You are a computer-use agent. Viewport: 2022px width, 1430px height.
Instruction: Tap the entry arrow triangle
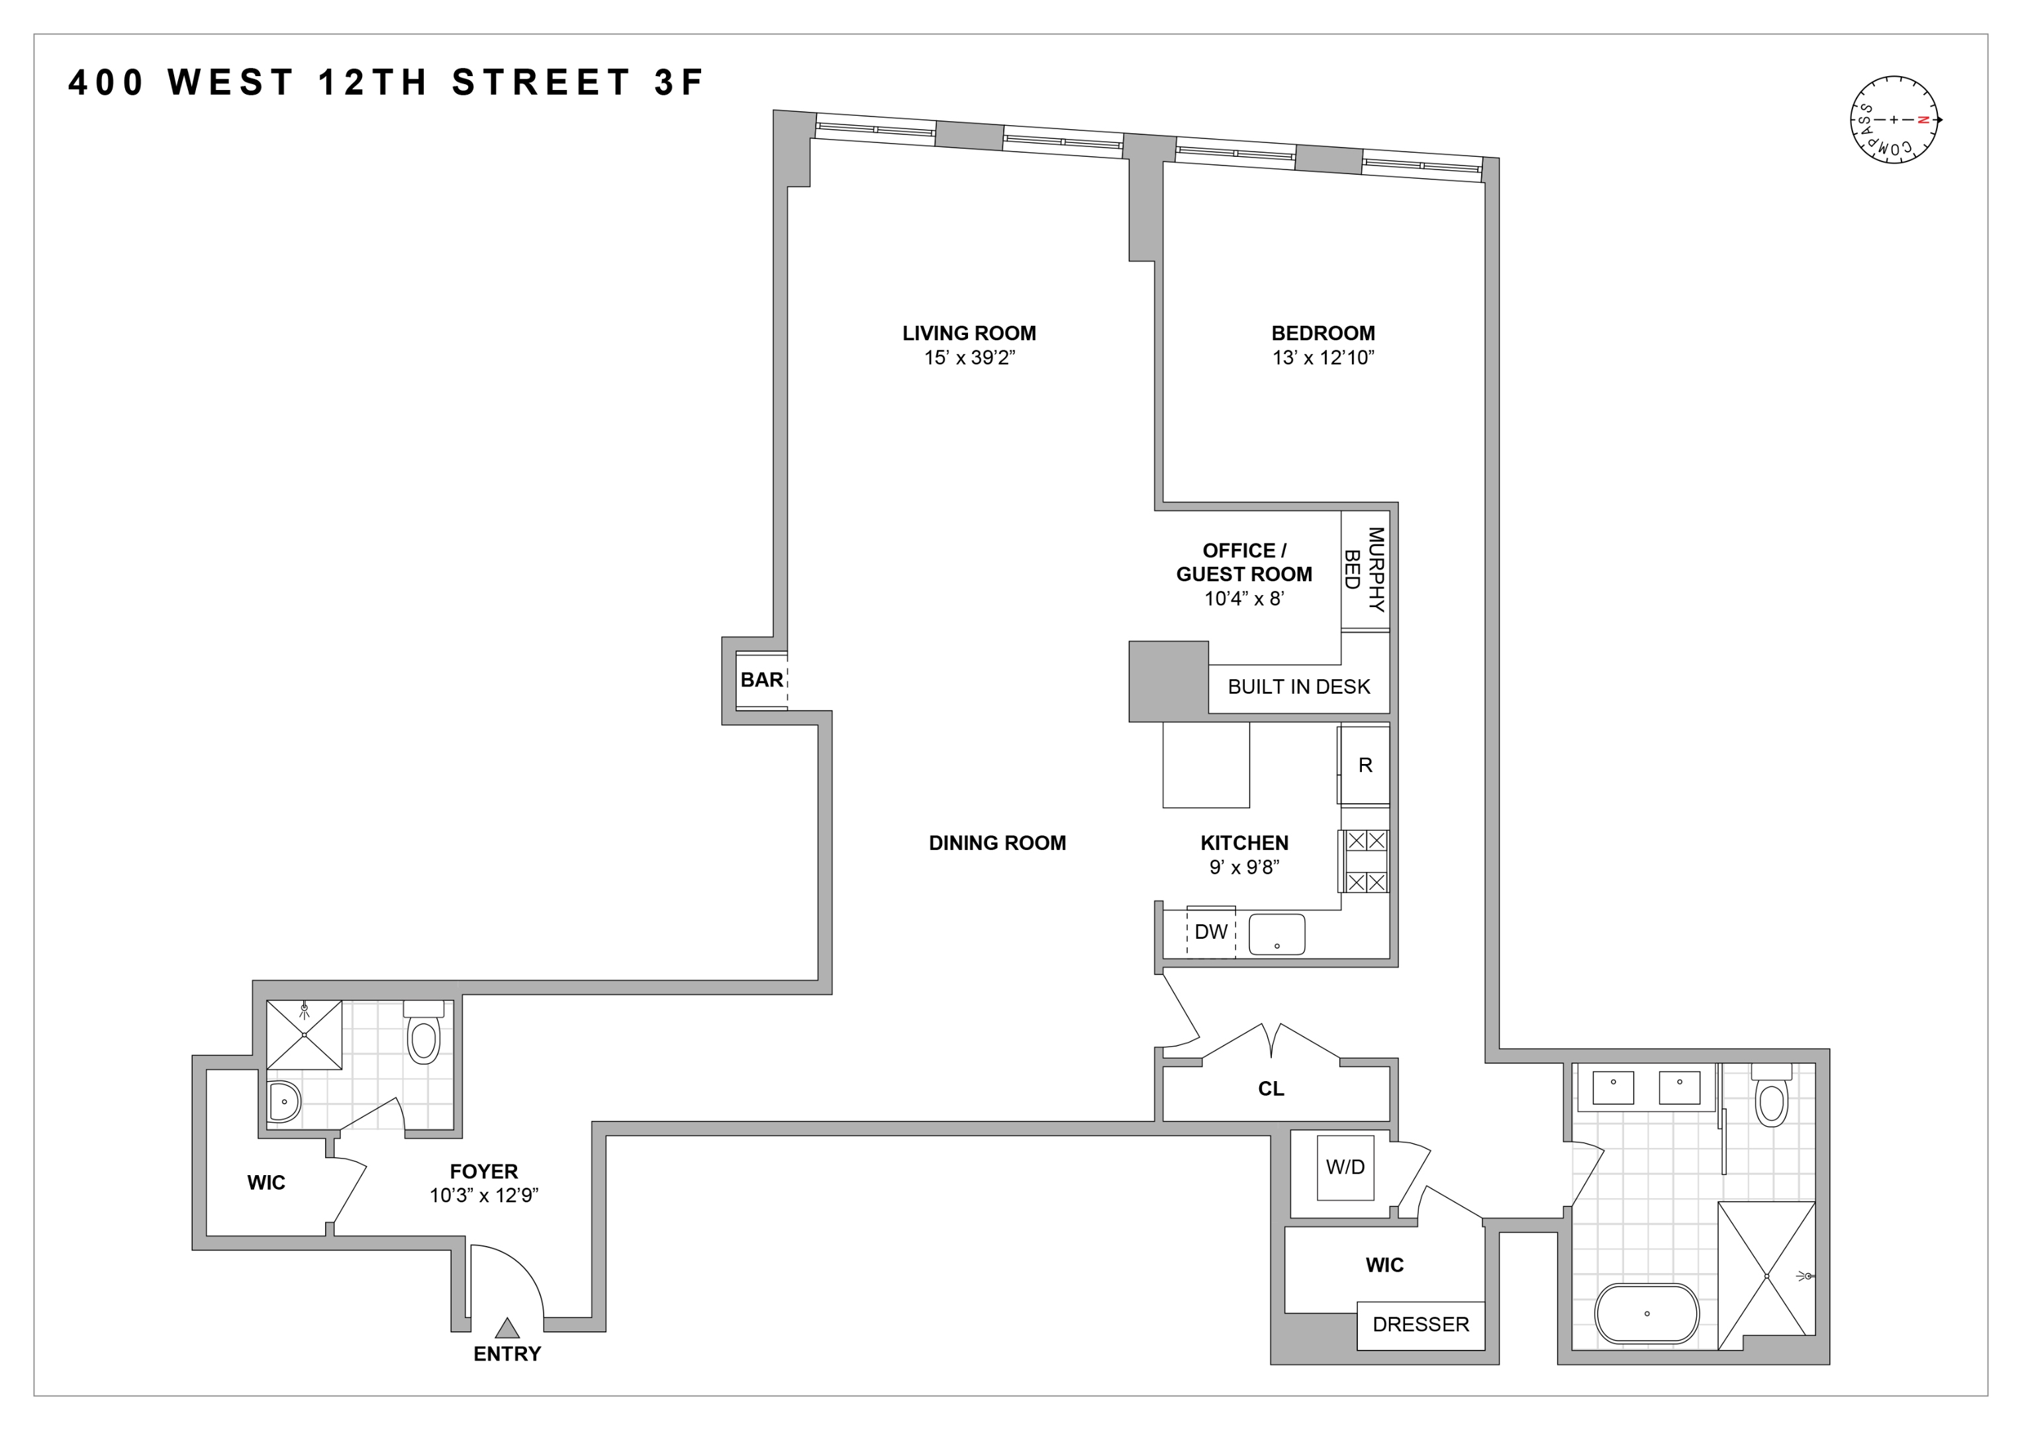click(x=507, y=1328)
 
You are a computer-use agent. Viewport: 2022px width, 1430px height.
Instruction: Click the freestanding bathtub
click(x=1647, y=1313)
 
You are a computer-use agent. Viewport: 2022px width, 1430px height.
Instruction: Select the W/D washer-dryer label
click(x=1345, y=1167)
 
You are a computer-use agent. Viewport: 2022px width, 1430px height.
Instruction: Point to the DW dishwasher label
click(x=1211, y=931)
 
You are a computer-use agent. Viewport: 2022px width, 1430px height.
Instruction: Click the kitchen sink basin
click(x=1277, y=933)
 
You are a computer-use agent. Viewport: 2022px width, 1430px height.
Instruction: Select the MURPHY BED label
click(x=1364, y=570)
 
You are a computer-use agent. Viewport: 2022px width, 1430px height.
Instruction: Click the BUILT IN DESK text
click(x=1299, y=687)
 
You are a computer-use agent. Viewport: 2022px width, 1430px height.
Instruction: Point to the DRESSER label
click(x=1421, y=1324)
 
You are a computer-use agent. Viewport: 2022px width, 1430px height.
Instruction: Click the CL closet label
click(x=1271, y=1089)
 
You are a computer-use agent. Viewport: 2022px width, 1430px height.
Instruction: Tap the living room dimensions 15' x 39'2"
click(x=969, y=358)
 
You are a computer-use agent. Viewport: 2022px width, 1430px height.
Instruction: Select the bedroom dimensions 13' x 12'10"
click(x=1323, y=358)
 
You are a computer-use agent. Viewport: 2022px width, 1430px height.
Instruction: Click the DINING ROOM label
click(x=997, y=843)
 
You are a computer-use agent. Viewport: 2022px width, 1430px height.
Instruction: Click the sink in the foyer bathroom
click(x=283, y=1101)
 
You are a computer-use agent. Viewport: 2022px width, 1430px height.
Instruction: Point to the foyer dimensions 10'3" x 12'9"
click(x=483, y=1195)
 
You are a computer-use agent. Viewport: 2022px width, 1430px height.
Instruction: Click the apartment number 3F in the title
click(x=679, y=83)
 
